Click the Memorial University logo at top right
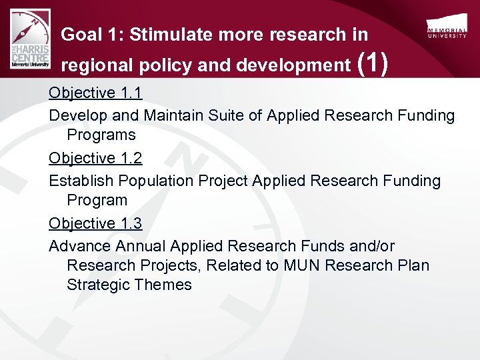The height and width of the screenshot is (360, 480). click(x=446, y=27)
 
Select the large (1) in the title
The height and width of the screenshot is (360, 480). click(x=373, y=64)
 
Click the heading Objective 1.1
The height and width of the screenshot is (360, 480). click(x=95, y=93)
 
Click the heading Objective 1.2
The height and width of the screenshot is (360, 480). click(x=95, y=158)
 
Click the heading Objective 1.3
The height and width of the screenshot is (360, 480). click(x=95, y=223)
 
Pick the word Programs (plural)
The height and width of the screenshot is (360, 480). click(x=101, y=135)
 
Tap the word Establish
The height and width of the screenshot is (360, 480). click(x=81, y=181)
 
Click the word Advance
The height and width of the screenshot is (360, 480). click(x=79, y=246)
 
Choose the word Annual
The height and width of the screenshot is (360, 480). click(x=140, y=246)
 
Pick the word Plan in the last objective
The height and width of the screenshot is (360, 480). click(x=413, y=265)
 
